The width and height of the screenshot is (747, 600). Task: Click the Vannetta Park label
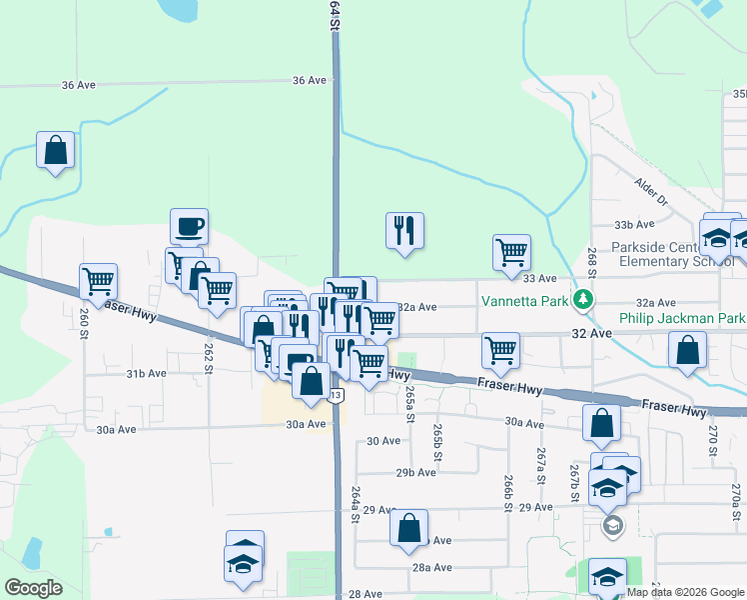(x=524, y=299)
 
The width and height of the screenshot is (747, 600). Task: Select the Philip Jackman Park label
(x=682, y=319)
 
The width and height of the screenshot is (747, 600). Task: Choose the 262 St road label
(x=209, y=358)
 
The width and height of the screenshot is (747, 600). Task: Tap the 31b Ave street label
(x=146, y=373)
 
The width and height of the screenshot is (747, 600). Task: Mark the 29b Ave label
(x=416, y=472)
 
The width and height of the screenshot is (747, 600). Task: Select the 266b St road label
(x=507, y=492)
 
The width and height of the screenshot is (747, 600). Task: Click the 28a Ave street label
(x=432, y=567)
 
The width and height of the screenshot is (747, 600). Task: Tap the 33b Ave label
(x=634, y=225)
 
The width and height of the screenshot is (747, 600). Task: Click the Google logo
(x=33, y=588)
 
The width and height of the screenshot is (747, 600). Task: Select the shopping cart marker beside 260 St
(x=99, y=281)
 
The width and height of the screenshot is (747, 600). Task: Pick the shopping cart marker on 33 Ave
(x=511, y=252)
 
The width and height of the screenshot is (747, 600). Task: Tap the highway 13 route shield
(x=337, y=396)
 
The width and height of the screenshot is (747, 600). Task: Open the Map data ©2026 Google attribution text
(x=685, y=592)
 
